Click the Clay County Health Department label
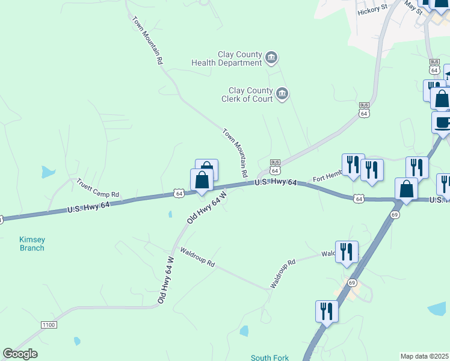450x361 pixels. (x=227, y=58)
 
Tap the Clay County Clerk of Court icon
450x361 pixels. (x=282, y=94)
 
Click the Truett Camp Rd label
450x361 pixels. (x=98, y=189)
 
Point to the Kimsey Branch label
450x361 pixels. (x=32, y=243)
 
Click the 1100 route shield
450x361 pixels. (x=49, y=325)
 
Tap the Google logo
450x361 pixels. (x=20, y=354)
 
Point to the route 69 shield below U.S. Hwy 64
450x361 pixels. (x=395, y=215)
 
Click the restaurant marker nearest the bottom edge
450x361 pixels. (x=327, y=312)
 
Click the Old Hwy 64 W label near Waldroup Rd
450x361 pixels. (x=166, y=279)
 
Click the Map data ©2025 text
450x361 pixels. (x=424, y=356)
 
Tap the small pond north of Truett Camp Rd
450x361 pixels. (x=48, y=172)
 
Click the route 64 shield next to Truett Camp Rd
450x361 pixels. (x=179, y=193)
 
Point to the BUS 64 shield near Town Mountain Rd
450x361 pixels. (x=275, y=166)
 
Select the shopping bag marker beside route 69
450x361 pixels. (x=407, y=189)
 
